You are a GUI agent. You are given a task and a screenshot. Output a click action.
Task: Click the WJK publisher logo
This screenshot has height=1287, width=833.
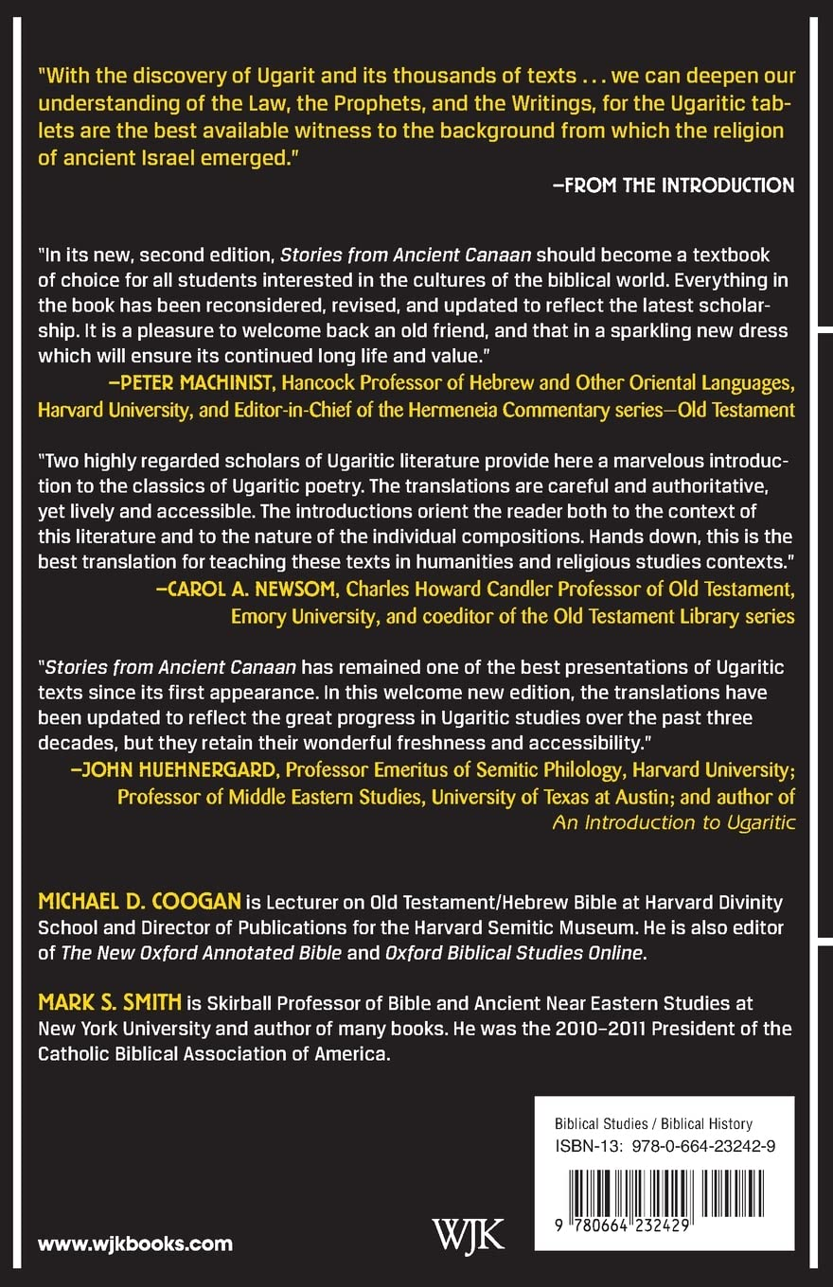[x=468, y=1233]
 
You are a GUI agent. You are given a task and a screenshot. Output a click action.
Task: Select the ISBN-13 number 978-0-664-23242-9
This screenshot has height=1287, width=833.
[x=706, y=1147]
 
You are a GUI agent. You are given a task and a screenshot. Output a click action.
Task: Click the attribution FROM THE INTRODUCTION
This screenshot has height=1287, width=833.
[x=673, y=185]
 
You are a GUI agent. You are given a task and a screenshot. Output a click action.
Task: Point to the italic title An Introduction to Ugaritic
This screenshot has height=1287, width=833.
[x=673, y=822]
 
